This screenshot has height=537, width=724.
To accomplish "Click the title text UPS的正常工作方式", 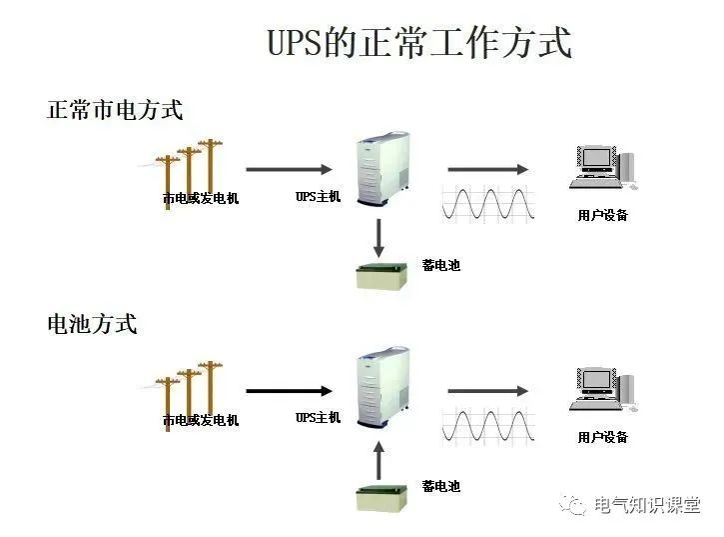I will (419, 44).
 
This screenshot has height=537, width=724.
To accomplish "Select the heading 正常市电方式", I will (115, 110).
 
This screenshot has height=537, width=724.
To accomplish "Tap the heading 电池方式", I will (92, 324).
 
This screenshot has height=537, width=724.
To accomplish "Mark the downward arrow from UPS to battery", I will (378, 236).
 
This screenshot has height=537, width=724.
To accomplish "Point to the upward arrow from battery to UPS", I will (378, 458).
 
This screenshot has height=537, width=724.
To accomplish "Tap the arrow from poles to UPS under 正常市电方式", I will (289, 169).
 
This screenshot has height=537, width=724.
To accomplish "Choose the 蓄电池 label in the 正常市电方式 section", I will (440, 265).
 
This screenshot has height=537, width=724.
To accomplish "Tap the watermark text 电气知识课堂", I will (647, 506).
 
